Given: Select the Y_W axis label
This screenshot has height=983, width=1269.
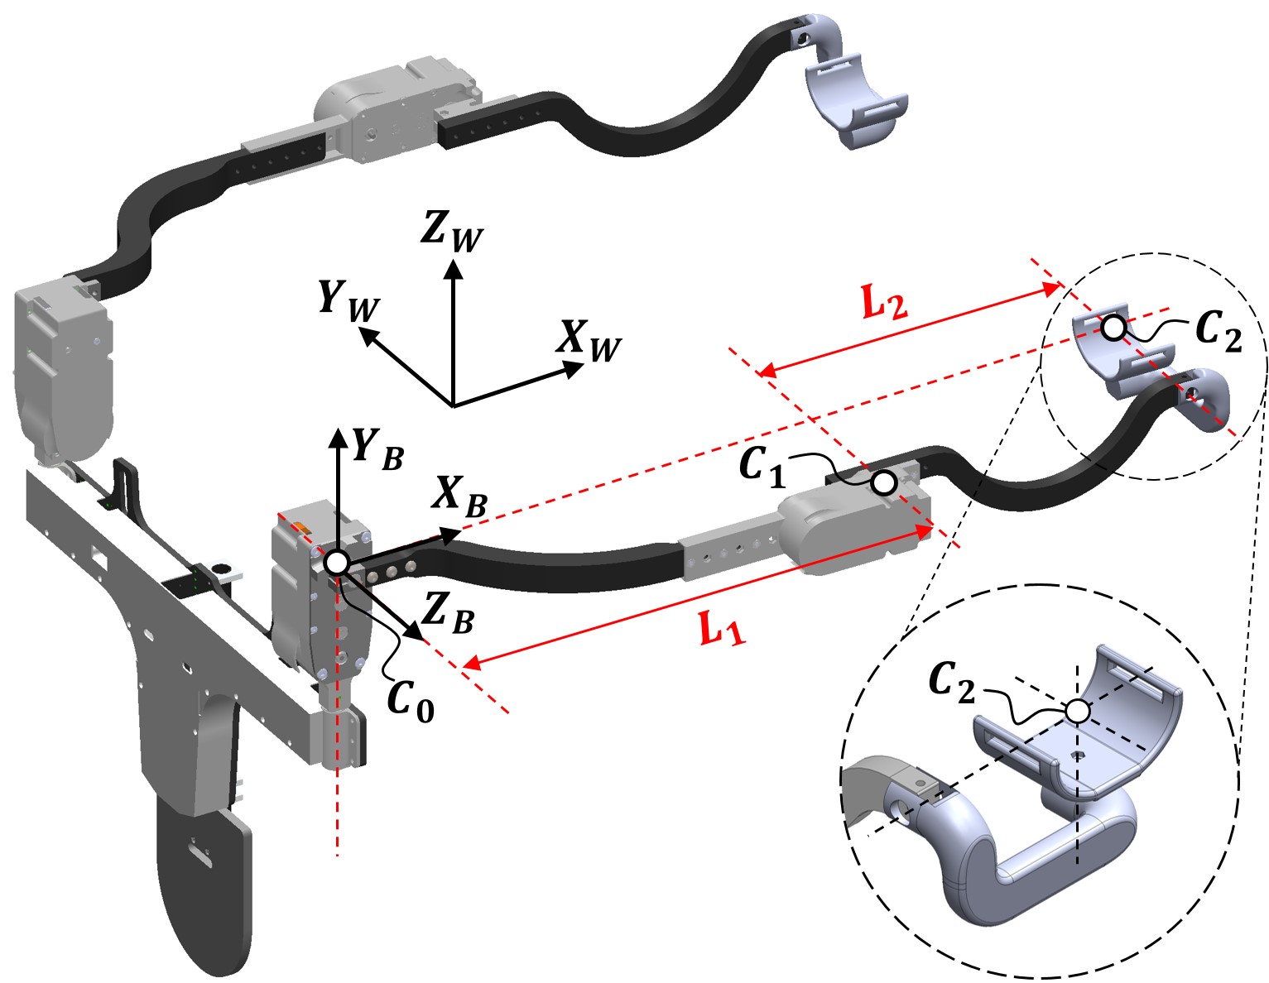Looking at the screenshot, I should tap(348, 299).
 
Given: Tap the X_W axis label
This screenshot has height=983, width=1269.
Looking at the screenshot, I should tap(589, 340).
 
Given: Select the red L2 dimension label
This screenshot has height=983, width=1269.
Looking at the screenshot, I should tap(884, 304).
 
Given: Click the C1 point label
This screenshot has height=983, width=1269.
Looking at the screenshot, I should tap(761, 468).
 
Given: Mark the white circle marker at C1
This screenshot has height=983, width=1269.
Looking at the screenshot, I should tap(884, 482).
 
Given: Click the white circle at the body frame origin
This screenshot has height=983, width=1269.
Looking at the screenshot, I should tap(336, 563).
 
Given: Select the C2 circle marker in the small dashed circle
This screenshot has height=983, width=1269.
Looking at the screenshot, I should tap(1114, 328).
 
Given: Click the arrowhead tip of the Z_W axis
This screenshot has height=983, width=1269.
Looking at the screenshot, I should tap(452, 261).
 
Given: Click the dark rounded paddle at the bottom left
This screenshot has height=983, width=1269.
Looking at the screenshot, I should tap(203, 885).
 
